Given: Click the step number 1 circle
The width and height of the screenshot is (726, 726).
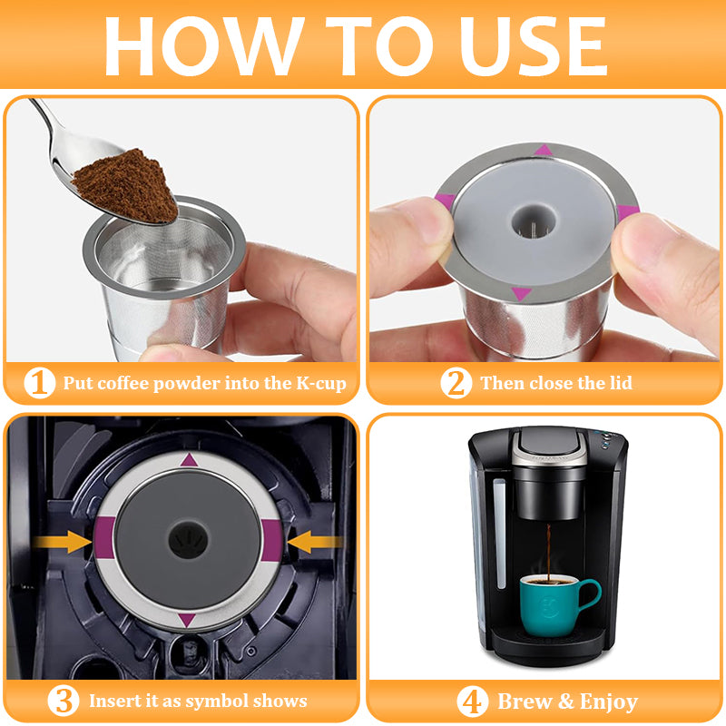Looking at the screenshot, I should click(40, 383).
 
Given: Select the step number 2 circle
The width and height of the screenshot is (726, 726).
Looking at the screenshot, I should click(456, 383).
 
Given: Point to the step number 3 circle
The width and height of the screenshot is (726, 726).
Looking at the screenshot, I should click(62, 701).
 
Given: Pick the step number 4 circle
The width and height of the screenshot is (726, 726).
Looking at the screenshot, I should click(472, 701).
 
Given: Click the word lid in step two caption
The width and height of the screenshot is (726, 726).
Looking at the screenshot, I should click(617, 383).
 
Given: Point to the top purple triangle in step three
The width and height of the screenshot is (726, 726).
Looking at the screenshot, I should click(189, 460).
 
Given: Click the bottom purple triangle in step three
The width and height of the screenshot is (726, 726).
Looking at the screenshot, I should click(188, 620).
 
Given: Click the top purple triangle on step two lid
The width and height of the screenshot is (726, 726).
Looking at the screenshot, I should click(543, 150).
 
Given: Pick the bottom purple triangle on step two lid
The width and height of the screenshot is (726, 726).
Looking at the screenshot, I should click(521, 293).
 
